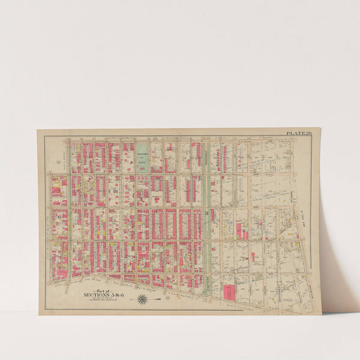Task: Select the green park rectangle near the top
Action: click(142, 157)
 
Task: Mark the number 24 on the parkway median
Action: click(206, 214)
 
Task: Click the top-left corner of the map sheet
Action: click(37, 130)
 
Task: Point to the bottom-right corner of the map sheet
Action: click(321, 314)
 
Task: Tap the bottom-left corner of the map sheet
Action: click(39, 314)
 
